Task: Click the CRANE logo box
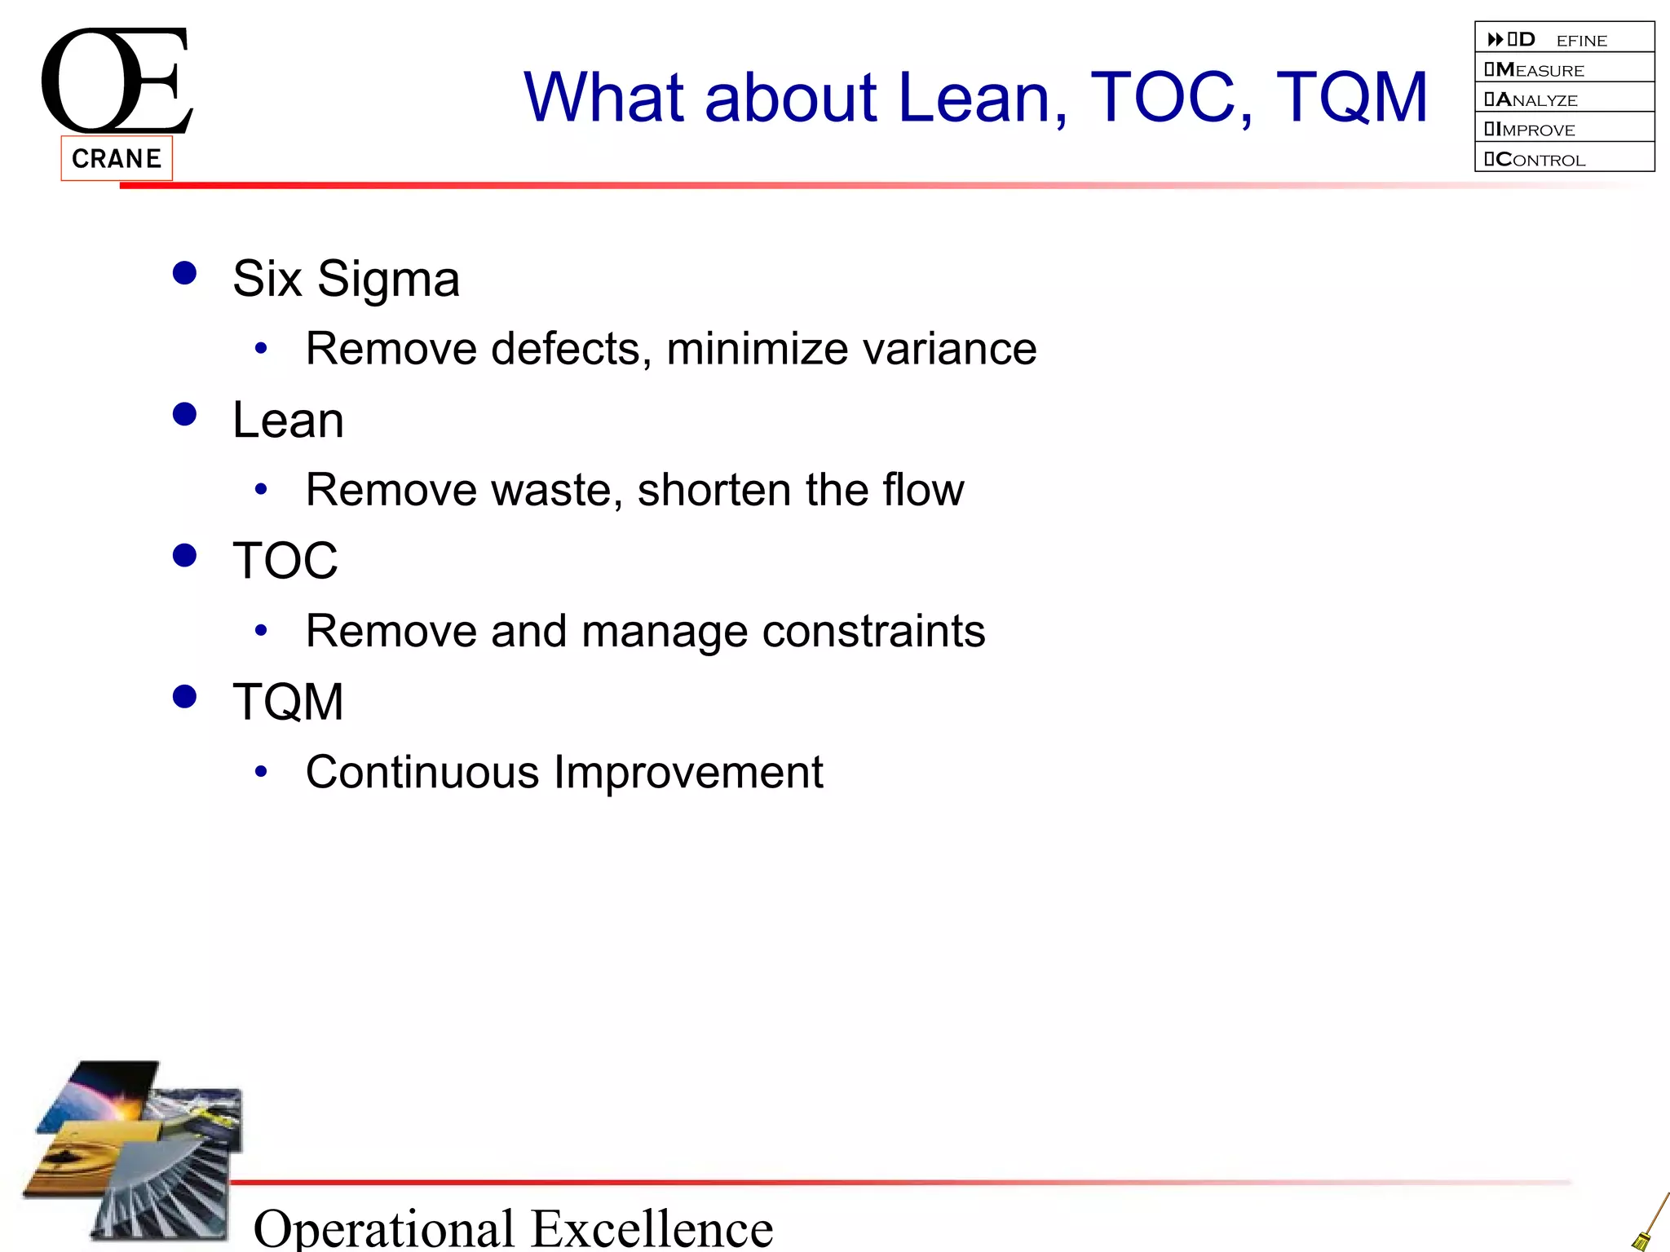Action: [x=117, y=158]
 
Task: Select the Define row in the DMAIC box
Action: [x=1564, y=39]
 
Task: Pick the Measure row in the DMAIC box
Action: [x=1564, y=69]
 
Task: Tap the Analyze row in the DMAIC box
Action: [x=1564, y=99]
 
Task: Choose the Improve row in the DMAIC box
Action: [x=1564, y=129]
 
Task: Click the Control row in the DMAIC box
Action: [x=1564, y=159]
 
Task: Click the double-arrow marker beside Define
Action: [x=1495, y=39]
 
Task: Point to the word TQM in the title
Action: [x=1351, y=98]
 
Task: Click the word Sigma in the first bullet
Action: [x=388, y=280]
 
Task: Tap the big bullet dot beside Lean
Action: [x=185, y=414]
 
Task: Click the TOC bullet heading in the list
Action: [x=285, y=561]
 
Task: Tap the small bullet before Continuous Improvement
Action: [x=261, y=771]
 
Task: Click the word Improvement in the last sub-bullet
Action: [x=689, y=772]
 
